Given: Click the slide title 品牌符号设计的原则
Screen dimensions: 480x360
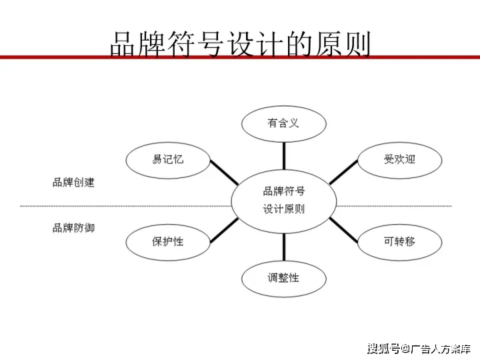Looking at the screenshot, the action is point(240,45).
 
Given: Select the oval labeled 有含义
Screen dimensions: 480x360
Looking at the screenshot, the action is point(284,107).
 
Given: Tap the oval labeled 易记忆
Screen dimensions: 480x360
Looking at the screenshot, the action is point(168,143).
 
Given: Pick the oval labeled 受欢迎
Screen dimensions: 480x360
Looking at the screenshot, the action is point(400,143).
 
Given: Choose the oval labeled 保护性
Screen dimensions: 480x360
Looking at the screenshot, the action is point(168,225).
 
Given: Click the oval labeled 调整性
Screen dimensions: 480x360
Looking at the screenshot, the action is point(284,262).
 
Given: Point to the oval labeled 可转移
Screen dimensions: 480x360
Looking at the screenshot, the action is point(400,225).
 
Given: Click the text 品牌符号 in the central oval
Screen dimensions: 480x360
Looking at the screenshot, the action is point(284,191).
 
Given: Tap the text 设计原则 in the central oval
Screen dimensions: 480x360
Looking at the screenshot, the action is point(284,209).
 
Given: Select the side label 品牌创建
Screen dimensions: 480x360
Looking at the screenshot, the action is point(73,183).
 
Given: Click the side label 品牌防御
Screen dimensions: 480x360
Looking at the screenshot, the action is point(73,228).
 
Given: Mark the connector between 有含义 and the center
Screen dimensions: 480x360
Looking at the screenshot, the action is point(284,156).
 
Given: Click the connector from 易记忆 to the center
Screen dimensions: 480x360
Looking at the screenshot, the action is point(224,173).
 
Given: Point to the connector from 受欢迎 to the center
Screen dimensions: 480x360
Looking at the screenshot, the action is point(343,173).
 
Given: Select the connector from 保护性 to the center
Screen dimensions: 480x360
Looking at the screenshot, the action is point(224,230).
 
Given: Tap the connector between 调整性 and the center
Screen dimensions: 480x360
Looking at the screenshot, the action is point(284,247).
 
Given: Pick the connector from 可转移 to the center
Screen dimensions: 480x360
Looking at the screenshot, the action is point(343,230).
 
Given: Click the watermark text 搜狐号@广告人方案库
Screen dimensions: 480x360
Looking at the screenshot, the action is point(419,349).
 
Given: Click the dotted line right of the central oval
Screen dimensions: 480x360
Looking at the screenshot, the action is point(394,206).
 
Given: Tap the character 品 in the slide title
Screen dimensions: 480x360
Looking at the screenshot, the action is point(122,45).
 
